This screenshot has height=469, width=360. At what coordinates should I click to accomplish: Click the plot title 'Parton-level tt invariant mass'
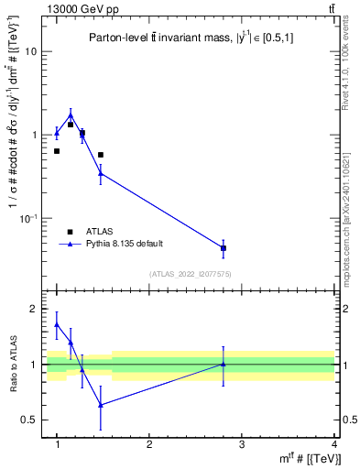(x=191, y=38)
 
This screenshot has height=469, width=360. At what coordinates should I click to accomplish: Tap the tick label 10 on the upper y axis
(x=30, y=51)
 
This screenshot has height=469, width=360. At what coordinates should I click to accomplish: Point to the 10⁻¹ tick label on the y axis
(x=28, y=218)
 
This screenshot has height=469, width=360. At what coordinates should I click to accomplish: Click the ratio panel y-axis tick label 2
(x=33, y=309)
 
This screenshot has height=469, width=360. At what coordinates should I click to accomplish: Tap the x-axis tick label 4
(x=333, y=444)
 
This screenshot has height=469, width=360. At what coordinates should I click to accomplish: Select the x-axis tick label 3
(x=242, y=444)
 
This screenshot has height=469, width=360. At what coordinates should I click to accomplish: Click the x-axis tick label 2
(x=149, y=444)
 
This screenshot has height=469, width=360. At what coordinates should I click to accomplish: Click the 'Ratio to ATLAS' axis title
(x=13, y=365)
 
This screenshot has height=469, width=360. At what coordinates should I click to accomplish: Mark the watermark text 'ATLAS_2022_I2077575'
(x=191, y=274)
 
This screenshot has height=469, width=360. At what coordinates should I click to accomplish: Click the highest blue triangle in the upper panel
(x=71, y=115)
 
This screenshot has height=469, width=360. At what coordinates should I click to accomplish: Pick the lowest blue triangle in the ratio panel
(x=101, y=404)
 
